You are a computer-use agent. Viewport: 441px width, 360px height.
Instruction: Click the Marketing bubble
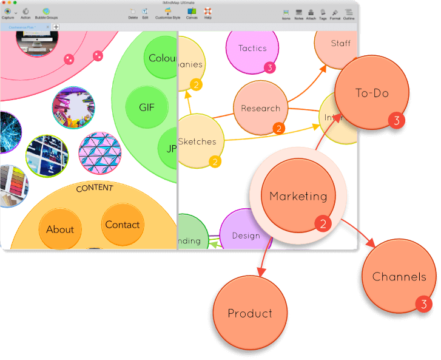pos(298,195)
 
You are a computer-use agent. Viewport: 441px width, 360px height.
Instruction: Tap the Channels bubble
pos(399,276)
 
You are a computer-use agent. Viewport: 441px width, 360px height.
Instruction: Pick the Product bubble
pos(250,313)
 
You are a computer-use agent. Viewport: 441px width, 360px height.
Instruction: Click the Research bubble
pos(260,108)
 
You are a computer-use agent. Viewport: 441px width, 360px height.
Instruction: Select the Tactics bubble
pos(252,48)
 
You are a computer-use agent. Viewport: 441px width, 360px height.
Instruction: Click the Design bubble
pos(246,236)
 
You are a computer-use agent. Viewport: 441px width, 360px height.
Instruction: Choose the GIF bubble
pos(147,107)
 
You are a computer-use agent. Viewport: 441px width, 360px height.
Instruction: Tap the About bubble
pos(60,229)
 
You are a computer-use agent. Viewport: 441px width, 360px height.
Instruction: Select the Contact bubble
pos(123,225)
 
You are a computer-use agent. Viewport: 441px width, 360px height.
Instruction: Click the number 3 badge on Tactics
pos(269,67)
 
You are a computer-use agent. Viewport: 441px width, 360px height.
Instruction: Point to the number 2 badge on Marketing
pos(323,224)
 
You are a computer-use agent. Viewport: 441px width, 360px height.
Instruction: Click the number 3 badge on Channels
pos(424,304)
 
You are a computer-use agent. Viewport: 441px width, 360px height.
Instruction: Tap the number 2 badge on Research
pos(278,128)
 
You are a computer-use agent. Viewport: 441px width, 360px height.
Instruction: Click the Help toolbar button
pos(208,13)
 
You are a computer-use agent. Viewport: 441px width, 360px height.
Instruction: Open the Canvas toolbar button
pos(192,13)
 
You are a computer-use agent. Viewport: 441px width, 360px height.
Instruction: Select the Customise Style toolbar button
pos(167,13)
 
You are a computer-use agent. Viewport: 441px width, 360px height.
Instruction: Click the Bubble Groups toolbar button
pos(46,13)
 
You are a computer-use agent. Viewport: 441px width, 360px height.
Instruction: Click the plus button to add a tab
pos(56,27)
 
